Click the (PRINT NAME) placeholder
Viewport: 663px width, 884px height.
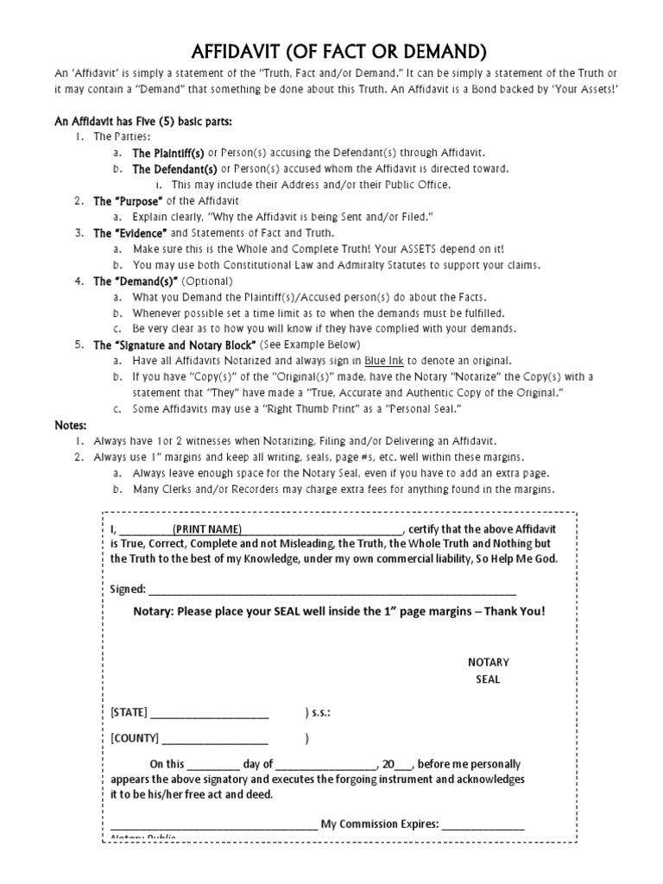207,529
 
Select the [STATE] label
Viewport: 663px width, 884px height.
129,713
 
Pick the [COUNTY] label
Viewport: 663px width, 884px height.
135,739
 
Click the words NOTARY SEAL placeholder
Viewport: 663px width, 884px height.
489,670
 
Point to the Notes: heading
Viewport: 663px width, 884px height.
69,425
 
